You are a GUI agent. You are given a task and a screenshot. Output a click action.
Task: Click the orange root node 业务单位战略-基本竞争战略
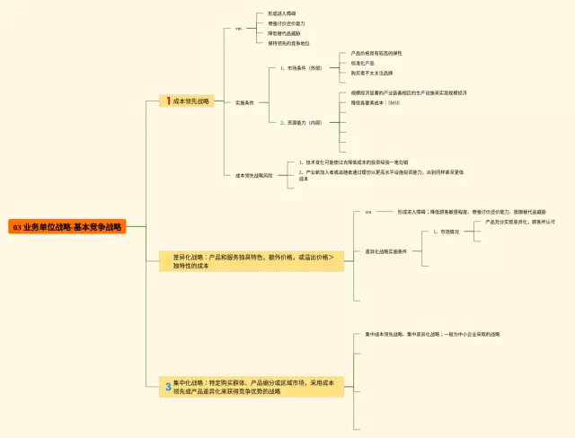click(x=66, y=227)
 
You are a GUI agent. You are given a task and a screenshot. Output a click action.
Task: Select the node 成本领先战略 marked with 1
click(x=190, y=101)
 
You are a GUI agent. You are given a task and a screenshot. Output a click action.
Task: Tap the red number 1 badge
click(x=167, y=101)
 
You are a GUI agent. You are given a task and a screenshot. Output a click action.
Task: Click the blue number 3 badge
click(x=167, y=387)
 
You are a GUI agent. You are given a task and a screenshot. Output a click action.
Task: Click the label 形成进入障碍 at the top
click(x=281, y=13)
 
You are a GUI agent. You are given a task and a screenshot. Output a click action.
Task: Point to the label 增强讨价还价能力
click(x=286, y=23)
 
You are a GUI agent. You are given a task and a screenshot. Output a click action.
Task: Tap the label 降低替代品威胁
click(x=284, y=33)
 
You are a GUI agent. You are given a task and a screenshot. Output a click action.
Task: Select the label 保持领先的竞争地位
click(x=288, y=43)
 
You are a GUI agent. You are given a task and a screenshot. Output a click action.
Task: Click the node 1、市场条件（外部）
click(x=300, y=67)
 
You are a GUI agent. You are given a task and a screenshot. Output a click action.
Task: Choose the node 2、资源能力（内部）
click(x=300, y=122)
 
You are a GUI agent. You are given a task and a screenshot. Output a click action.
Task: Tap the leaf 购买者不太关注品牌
click(x=372, y=73)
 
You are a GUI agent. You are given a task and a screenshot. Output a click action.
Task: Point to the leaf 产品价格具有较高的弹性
click(x=376, y=53)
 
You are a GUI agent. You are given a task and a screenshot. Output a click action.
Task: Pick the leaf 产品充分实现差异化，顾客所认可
click(x=520, y=221)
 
